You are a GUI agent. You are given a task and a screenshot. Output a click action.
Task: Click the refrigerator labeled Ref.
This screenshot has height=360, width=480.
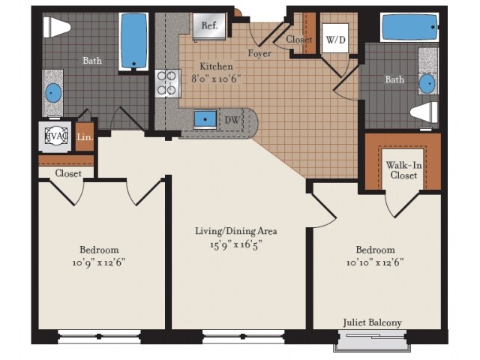pyautogui.click(x=209, y=26)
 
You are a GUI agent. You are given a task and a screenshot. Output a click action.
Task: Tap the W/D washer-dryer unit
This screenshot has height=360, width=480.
pyautogui.click(x=334, y=38)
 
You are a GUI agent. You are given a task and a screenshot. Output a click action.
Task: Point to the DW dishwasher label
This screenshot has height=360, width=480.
pyautogui.click(x=232, y=119)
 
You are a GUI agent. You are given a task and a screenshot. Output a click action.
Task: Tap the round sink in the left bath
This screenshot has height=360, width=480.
pyautogui.click(x=53, y=93)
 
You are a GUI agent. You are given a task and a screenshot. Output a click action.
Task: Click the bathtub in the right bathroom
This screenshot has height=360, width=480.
pyautogui.click(x=409, y=28)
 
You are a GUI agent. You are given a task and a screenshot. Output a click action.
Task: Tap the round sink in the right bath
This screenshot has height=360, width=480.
pyautogui.click(x=427, y=82)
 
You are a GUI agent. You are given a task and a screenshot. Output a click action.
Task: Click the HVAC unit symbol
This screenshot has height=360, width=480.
pyautogui.click(x=55, y=137)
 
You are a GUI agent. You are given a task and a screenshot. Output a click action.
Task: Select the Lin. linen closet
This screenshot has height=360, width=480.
pyautogui.click(x=84, y=138)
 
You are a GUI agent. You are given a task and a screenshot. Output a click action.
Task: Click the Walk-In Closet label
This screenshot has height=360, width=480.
pyautogui.click(x=403, y=169)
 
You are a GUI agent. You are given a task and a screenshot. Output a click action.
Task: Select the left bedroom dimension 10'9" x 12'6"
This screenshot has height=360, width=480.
pyautogui.click(x=99, y=262)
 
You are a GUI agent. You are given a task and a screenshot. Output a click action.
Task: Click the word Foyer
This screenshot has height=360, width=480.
pyautogui.click(x=259, y=53)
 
